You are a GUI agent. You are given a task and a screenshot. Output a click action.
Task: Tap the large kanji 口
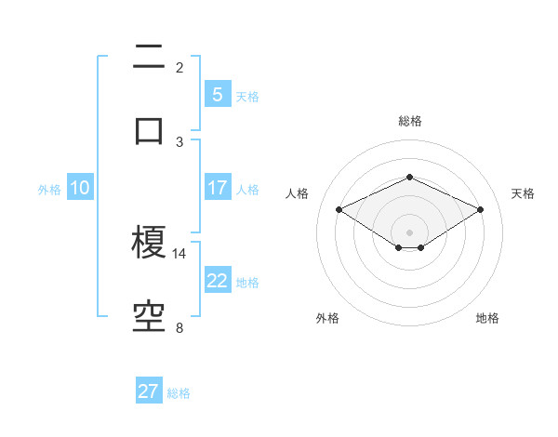click(149, 129)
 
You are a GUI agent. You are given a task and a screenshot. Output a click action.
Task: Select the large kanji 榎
click(149, 245)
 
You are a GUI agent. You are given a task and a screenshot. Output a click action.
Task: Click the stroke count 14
click(179, 253)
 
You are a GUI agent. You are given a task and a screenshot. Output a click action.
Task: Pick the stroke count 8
click(179, 327)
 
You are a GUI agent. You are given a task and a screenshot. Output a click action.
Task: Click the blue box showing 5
click(217, 95)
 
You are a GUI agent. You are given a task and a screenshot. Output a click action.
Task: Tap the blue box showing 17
click(217, 188)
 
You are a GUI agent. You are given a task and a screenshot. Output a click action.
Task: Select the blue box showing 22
click(217, 281)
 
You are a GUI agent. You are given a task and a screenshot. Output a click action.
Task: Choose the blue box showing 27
click(149, 391)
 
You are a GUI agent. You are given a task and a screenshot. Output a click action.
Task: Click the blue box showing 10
click(79, 188)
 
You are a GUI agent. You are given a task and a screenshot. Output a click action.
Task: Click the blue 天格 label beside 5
click(247, 96)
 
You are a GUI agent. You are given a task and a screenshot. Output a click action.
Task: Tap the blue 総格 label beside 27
click(179, 392)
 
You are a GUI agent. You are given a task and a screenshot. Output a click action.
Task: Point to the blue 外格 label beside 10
click(49, 189)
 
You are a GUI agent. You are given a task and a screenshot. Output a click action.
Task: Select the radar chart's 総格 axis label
click(409, 121)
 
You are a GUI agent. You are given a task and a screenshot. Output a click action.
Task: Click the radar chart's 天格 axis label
click(523, 193)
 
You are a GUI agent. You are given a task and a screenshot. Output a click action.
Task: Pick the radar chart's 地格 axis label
click(487, 318)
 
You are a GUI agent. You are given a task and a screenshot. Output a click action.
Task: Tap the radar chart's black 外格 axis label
click(327, 318)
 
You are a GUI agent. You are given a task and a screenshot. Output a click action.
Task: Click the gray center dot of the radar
click(409, 231)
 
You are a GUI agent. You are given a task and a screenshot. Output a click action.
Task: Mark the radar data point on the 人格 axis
click(339, 209)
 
